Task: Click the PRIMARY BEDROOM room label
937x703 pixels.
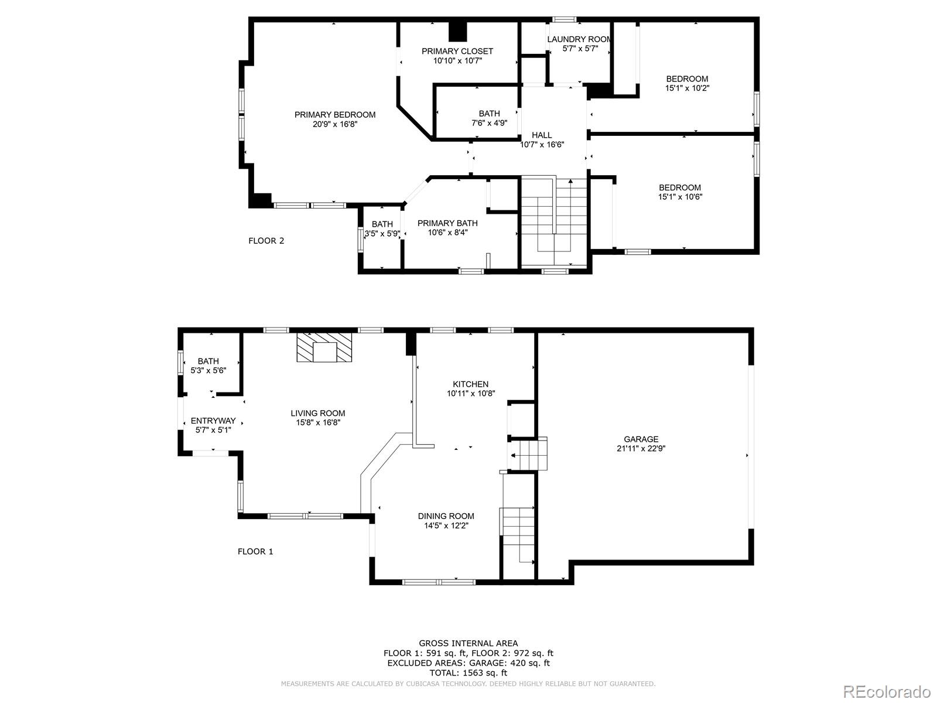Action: pyautogui.click(x=334, y=115)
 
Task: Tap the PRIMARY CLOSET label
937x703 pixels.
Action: pyautogui.click(x=457, y=51)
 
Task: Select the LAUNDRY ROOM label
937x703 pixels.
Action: pyautogui.click(x=579, y=39)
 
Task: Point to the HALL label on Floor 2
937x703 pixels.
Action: pyautogui.click(x=542, y=135)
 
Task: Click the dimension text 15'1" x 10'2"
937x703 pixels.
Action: pyautogui.click(x=687, y=88)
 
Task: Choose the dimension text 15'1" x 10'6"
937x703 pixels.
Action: pyautogui.click(x=679, y=197)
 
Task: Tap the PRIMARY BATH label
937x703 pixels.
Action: pyautogui.click(x=447, y=223)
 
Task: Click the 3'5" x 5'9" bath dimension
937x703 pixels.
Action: pyautogui.click(x=382, y=234)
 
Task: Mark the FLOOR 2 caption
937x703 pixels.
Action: pyautogui.click(x=266, y=241)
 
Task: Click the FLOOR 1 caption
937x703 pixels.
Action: pyautogui.click(x=255, y=551)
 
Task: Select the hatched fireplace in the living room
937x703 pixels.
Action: pyautogui.click(x=324, y=347)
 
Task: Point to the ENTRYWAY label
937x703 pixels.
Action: pyautogui.click(x=213, y=421)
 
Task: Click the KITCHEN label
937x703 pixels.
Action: pyautogui.click(x=470, y=384)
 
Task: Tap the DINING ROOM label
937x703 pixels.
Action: pyautogui.click(x=446, y=516)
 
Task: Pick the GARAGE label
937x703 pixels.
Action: pyautogui.click(x=641, y=439)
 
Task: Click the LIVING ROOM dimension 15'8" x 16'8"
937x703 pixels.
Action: pyautogui.click(x=318, y=422)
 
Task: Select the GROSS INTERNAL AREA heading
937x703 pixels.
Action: pyautogui.click(x=468, y=643)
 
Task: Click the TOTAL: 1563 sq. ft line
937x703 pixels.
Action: pyautogui.click(x=468, y=673)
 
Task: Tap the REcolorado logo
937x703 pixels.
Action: pyautogui.click(x=887, y=691)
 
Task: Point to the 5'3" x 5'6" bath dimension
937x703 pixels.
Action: pyautogui.click(x=208, y=370)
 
